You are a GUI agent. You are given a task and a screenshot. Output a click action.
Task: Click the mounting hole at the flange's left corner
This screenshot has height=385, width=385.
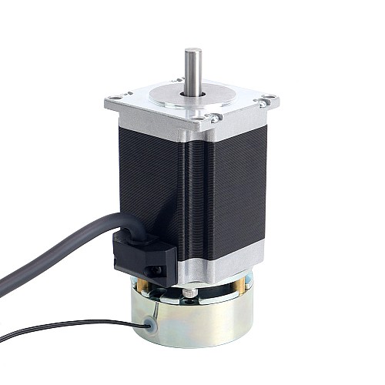pos(116,97)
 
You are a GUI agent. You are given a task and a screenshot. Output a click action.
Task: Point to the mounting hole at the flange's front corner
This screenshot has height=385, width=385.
pos(208,118)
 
